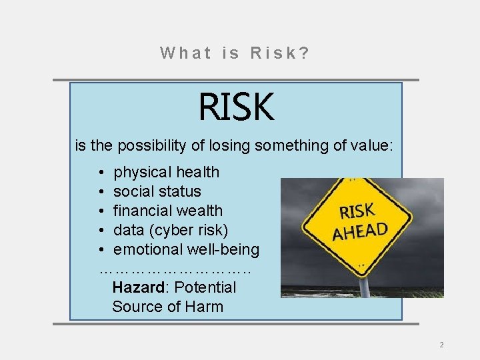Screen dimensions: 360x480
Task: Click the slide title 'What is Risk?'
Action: click(x=235, y=53)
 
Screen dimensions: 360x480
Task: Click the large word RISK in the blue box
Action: click(x=236, y=107)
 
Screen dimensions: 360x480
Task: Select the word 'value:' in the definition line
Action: click(x=377, y=144)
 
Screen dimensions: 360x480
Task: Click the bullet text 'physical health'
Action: click(x=167, y=172)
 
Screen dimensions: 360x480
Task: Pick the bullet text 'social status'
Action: click(x=157, y=191)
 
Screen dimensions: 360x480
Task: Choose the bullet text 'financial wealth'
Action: click(x=168, y=211)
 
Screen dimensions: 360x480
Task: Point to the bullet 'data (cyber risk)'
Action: click(x=171, y=230)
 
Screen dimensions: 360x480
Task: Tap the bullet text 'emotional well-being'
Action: click(x=187, y=249)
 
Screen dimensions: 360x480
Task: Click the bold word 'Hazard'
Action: click(x=138, y=287)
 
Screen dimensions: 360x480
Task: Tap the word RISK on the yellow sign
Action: click(x=357, y=211)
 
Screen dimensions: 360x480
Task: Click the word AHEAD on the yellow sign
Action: click(x=361, y=231)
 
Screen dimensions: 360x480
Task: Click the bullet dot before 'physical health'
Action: click(x=100, y=173)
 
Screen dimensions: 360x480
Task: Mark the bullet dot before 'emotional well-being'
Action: click(x=100, y=250)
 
